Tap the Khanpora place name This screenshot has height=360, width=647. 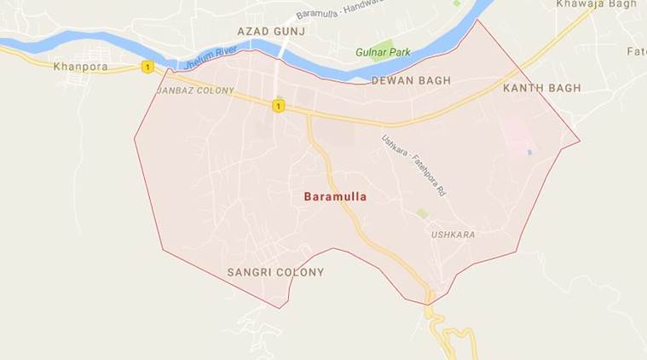[x=80, y=66]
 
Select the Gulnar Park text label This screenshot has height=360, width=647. [x=383, y=53]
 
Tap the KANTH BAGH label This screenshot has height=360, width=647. [x=541, y=89]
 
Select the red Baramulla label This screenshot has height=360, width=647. [x=335, y=197]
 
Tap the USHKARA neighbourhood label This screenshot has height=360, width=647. [x=453, y=235]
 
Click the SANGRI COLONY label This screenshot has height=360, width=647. [x=275, y=273]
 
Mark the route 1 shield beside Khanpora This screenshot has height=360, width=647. [x=147, y=67]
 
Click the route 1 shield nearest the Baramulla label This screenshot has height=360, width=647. [x=277, y=106]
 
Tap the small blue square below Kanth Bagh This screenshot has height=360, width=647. [x=529, y=153]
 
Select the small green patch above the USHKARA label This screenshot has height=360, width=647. [x=423, y=212]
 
